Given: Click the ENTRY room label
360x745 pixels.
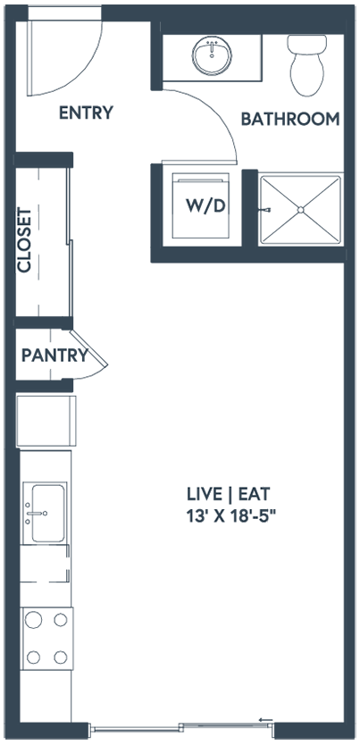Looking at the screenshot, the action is click(x=86, y=113).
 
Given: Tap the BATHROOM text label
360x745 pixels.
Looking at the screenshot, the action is click(x=290, y=119).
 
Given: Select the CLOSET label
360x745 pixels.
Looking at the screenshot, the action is click(x=24, y=240).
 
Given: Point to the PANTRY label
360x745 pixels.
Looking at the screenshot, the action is click(x=55, y=355).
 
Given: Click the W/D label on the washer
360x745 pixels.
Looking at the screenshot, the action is click(x=205, y=206).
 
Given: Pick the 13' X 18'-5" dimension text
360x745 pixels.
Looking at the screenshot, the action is click(x=231, y=515).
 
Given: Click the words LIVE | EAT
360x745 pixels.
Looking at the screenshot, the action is click(x=229, y=494).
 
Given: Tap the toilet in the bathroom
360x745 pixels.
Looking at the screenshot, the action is click(x=306, y=65).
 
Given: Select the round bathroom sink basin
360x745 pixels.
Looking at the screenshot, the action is click(x=213, y=55).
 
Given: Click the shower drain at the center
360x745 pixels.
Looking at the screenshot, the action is click(x=300, y=210).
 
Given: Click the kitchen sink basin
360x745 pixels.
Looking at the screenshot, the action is click(x=47, y=513).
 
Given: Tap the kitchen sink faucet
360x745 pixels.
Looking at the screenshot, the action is click(x=37, y=513).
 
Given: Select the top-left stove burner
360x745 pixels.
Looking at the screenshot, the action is click(x=33, y=620).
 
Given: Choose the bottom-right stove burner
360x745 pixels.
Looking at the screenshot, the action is click(x=61, y=657).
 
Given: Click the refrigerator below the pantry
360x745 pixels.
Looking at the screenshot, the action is click(x=46, y=421).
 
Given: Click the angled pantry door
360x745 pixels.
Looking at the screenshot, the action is click(x=89, y=348).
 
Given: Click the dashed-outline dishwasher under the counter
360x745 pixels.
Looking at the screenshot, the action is click(x=46, y=564).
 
